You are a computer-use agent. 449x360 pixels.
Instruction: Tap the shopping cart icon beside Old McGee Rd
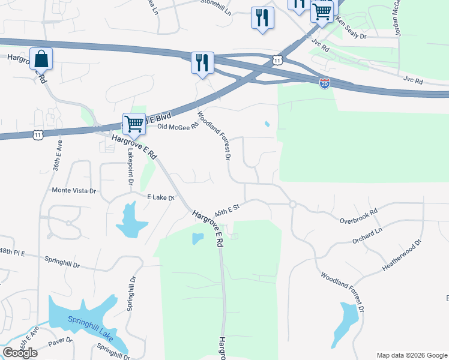click(134, 124)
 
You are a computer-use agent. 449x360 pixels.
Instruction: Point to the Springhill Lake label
click(90, 326)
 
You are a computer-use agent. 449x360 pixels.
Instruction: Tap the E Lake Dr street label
click(160, 197)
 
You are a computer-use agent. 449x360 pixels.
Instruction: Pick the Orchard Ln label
click(368, 235)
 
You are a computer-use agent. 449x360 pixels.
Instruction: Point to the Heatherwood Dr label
click(403, 257)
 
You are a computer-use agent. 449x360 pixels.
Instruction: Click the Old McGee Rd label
click(177, 127)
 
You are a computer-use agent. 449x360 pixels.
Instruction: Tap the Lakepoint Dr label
click(129, 166)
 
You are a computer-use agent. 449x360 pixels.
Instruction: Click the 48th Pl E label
click(13, 252)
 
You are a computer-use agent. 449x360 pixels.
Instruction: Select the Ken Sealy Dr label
click(351, 30)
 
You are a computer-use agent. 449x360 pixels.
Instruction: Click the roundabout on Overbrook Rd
click(292, 205)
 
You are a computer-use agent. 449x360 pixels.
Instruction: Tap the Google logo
click(20, 352)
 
